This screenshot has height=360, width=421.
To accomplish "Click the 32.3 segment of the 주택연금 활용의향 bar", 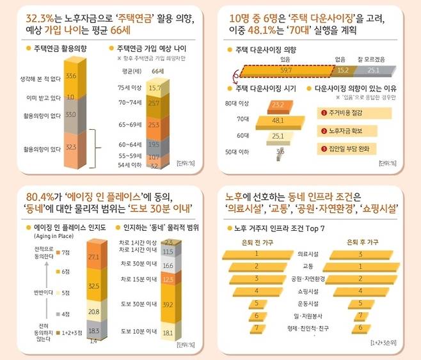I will click(x=71, y=146).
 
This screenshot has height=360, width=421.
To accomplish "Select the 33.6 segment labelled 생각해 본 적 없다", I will click(x=71, y=77).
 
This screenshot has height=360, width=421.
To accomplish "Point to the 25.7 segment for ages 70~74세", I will click(x=154, y=102).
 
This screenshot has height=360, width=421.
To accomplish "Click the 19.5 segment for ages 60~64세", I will click(x=154, y=145).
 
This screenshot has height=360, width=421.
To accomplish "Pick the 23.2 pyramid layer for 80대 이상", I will click(x=277, y=104).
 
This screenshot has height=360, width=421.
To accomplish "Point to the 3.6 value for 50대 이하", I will click(x=280, y=152).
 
